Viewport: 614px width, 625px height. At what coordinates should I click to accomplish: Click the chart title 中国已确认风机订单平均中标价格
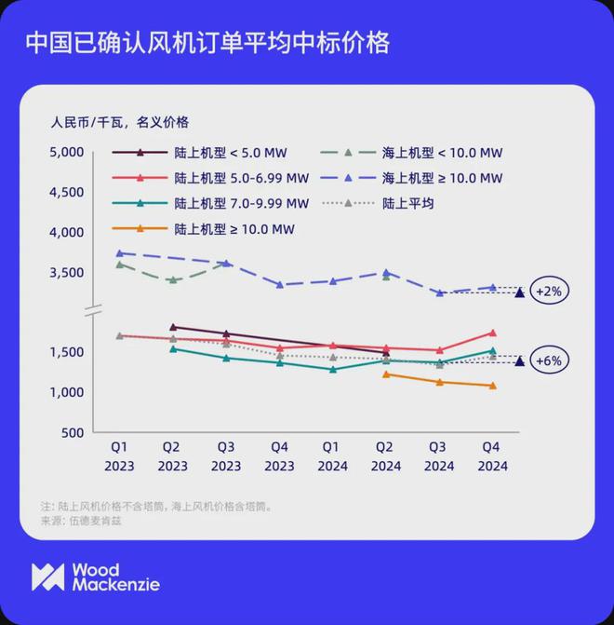tap(207, 43)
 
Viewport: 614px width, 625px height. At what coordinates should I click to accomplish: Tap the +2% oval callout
tap(548, 291)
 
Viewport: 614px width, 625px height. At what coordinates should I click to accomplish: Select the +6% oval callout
tap(548, 360)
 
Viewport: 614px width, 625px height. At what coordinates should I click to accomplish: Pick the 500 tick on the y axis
tap(75, 433)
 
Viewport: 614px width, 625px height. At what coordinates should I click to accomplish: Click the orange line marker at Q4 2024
tap(492, 386)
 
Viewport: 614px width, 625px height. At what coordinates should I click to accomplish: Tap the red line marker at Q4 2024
tap(492, 333)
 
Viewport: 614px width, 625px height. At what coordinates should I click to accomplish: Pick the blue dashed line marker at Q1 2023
tap(119, 253)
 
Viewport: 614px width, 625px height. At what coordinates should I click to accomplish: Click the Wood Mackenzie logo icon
tap(47, 577)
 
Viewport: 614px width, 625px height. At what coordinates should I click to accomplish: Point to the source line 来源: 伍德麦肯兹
tap(82, 521)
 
